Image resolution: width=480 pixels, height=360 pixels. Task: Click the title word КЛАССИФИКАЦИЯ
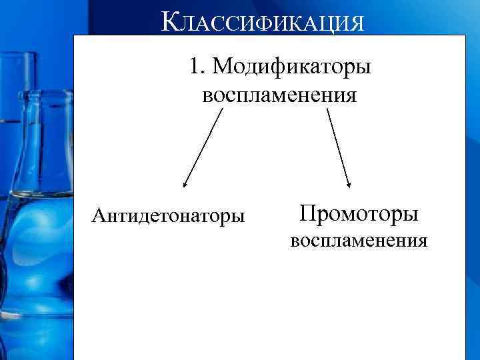click(x=263, y=22)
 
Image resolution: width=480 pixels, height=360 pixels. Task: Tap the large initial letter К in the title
click(x=170, y=21)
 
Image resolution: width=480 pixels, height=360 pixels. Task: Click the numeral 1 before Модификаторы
click(x=193, y=67)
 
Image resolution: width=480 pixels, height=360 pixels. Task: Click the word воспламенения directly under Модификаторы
click(x=279, y=95)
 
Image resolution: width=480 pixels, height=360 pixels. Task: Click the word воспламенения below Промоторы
click(x=358, y=240)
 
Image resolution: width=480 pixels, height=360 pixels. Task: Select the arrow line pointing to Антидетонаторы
click(x=203, y=148)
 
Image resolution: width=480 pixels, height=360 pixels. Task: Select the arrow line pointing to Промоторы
click(x=339, y=148)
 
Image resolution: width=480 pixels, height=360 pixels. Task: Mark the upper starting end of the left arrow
click(x=221, y=111)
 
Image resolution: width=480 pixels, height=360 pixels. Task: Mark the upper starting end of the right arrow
click(x=327, y=110)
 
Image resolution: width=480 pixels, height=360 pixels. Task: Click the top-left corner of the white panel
click(x=74, y=35)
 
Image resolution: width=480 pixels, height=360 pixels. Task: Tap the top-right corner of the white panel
click(x=464, y=35)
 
